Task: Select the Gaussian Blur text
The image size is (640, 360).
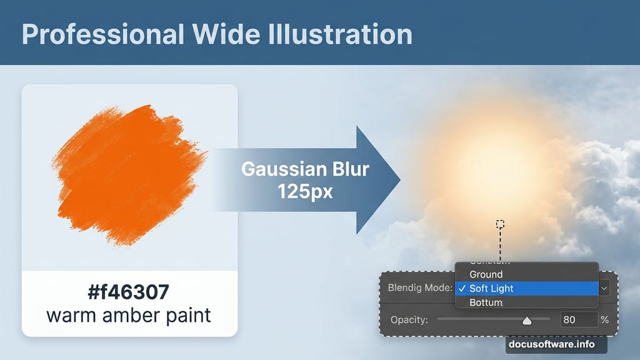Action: click(305, 169)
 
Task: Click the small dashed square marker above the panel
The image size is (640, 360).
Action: click(500, 224)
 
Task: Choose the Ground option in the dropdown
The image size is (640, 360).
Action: click(486, 274)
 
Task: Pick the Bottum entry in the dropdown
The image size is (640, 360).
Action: click(486, 302)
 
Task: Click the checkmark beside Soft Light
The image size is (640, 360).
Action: click(461, 288)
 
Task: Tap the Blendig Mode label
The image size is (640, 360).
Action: click(419, 288)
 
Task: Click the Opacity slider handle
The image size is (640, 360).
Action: click(526, 321)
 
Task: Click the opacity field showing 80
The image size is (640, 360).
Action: click(578, 319)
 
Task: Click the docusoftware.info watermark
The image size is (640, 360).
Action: click(551, 344)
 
